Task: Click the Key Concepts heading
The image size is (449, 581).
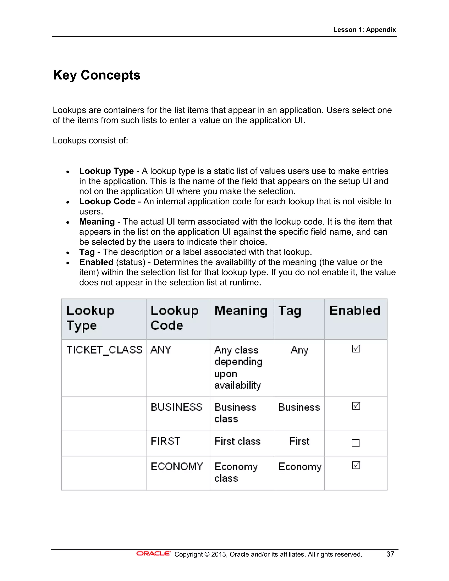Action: coord(96,75)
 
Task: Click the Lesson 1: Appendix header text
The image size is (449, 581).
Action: coord(364,30)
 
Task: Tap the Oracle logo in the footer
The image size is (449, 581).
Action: coord(153,554)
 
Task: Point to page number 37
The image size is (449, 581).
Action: coord(390,554)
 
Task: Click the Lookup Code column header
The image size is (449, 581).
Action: coord(175,318)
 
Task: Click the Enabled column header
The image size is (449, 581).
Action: coord(355,311)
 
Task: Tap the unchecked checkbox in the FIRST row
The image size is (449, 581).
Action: coord(356,443)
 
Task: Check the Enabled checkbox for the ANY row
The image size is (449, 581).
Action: coord(356,349)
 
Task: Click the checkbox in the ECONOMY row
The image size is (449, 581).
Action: coord(356,465)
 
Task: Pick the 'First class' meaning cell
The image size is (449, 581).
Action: coord(237,441)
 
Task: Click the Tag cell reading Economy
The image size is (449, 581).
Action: coord(300,467)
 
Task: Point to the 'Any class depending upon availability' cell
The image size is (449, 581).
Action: coord(238,367)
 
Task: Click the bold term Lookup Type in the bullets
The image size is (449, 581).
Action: coord(106,171)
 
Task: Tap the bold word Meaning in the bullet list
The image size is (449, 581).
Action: coord(97,222)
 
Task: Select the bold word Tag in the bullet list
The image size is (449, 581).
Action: coord(87,252)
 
